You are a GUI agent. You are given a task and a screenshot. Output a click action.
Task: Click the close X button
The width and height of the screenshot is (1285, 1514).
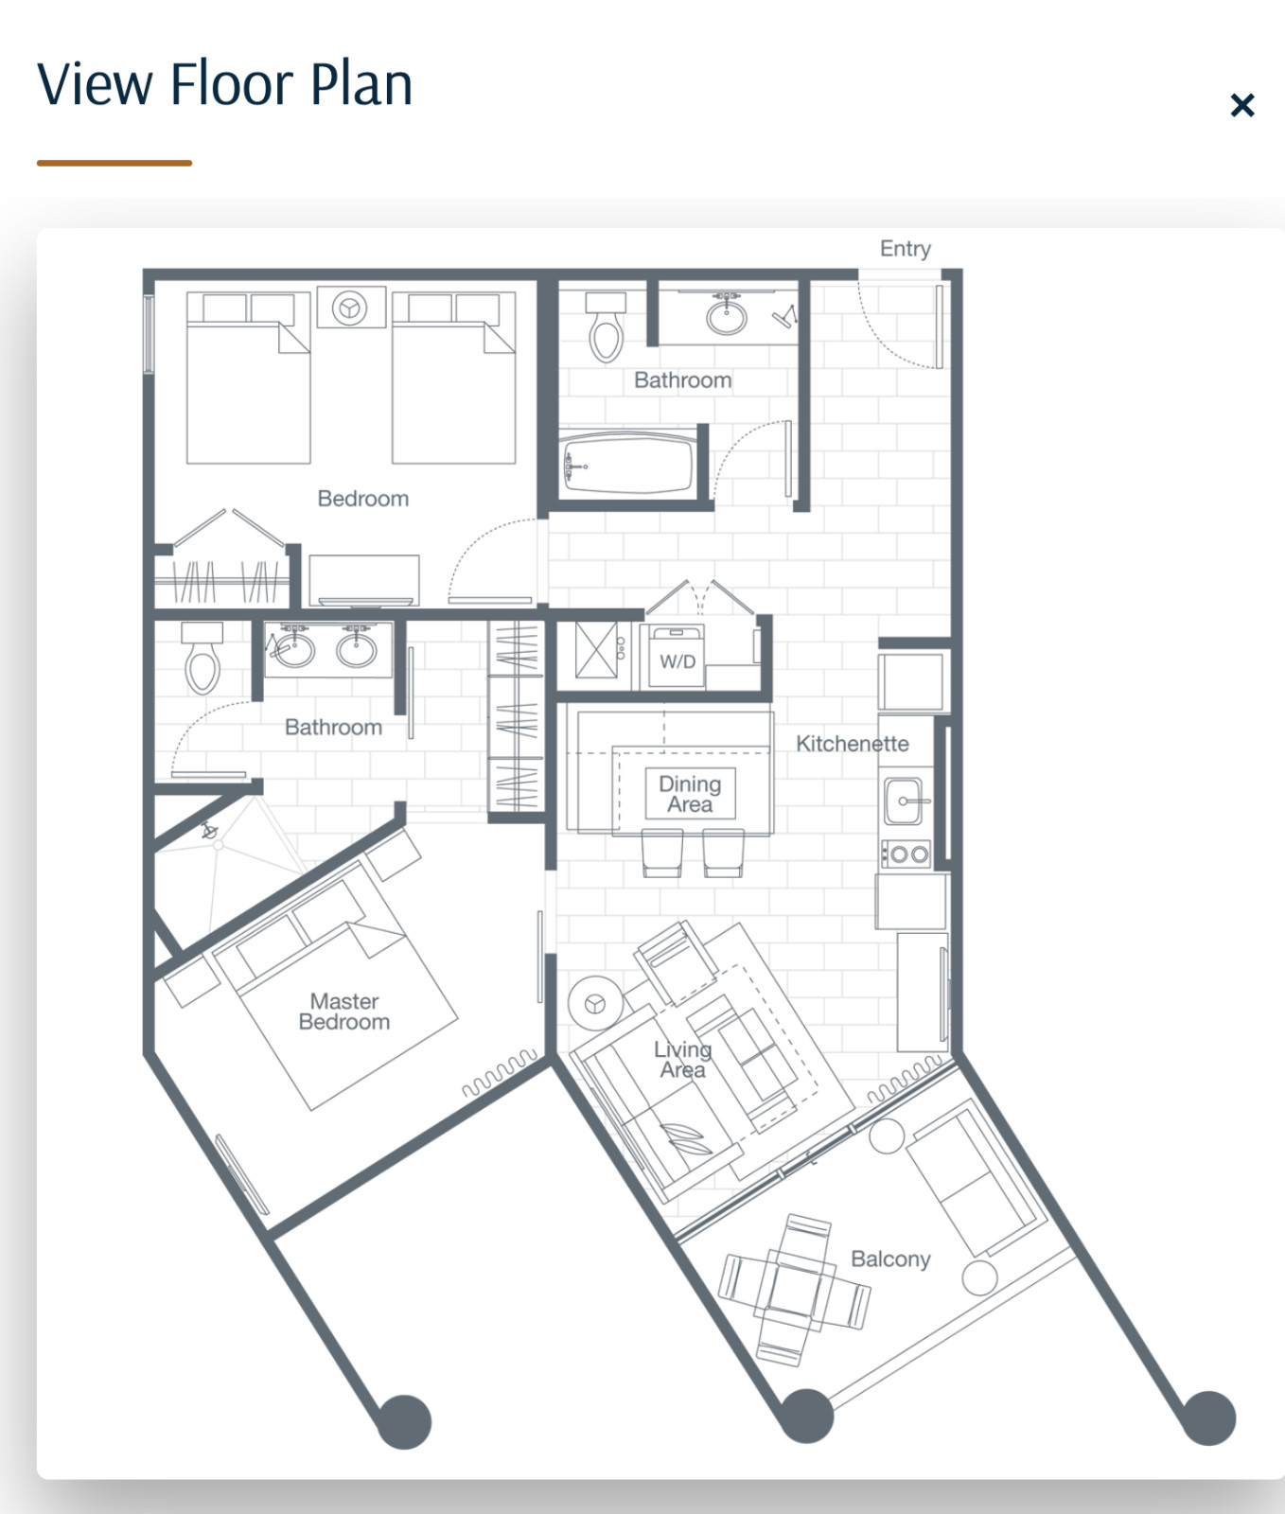[x=1241, y=105]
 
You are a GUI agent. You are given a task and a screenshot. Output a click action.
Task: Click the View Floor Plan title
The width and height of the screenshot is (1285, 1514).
[x=225, y=83]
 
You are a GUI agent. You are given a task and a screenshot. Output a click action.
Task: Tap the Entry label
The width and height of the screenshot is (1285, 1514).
[x=906, y=249]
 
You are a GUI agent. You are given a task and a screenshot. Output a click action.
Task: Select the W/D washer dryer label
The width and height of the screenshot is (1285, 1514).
[x=678, y=661]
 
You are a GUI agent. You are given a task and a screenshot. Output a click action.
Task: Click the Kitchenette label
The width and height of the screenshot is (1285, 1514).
[x=852, y=744]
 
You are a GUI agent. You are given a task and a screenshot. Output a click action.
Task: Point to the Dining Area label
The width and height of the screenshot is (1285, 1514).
[x=690, y=794]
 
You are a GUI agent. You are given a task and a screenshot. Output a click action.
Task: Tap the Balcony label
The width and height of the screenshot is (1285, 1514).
[x=890, y=1259]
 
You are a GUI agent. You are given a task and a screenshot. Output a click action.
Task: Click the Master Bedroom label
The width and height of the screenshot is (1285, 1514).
[x=344, y=1012]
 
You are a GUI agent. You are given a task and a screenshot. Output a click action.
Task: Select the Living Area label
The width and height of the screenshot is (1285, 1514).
[x=682, y=1060]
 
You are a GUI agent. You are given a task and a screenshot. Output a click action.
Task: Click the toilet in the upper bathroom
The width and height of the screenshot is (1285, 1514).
[x=606, y=327]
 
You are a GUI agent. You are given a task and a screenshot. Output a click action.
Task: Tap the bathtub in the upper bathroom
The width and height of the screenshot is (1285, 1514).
[x=627, y=463]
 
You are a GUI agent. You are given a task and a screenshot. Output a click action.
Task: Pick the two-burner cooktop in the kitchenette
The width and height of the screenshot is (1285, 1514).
[x=907, y=854]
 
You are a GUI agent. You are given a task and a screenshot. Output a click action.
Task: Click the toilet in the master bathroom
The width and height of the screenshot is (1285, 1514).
[x=202, y=658]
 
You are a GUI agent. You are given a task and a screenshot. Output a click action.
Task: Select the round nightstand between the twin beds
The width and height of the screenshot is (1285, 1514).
[x=351, y=308]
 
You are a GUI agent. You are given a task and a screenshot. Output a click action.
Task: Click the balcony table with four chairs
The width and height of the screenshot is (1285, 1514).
[x=795, y=1289]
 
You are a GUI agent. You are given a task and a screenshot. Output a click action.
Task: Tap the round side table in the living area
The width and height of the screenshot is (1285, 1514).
[x=595, y=1003]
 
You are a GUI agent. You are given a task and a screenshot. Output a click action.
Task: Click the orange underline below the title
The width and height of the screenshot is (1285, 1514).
[x=114, y=163]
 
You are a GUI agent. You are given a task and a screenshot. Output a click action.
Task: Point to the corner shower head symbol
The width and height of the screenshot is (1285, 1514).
[x=210, y=832]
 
